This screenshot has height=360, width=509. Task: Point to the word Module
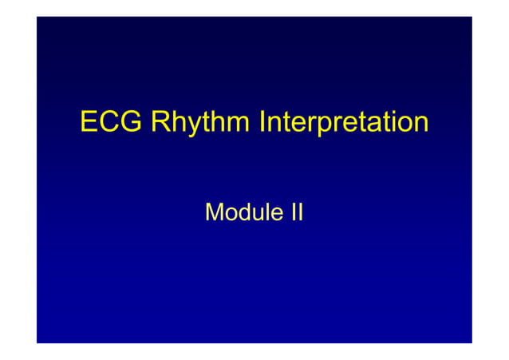pos(240,212)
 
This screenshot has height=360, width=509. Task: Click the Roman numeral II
pos(294,212)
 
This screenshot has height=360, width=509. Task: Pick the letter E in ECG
pos(89,124)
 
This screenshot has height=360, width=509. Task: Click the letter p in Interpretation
pos(320,127)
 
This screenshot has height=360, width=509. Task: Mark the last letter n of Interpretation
pos(420,125)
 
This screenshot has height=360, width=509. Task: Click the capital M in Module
pos(215,212)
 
